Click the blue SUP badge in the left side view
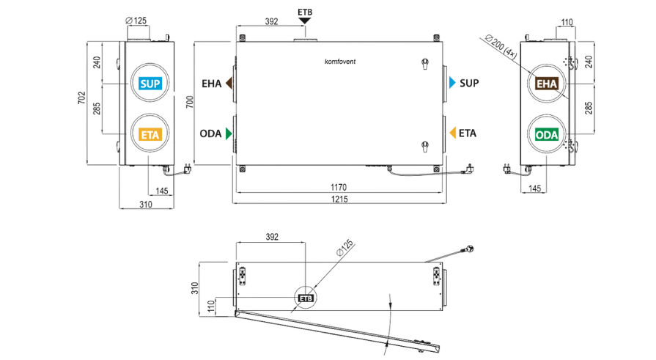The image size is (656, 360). [x=150, y=84]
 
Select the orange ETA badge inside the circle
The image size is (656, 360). [x=150, y=135]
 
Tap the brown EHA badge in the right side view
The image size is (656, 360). [x=547, y=84]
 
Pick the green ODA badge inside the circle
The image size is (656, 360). [x=547, y=135]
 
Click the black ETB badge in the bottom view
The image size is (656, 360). [x=306, y=298]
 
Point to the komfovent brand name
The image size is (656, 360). [x=340, y=62]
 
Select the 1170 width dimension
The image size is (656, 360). [x=339, y=187]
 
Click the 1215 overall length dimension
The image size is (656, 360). [x=339, y=199]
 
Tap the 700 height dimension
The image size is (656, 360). [x=190, y=102]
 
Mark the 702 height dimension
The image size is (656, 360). [x=81, y=98]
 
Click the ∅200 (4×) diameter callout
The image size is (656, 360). [x=501, y=46]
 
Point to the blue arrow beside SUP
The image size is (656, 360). [x=452, y=82]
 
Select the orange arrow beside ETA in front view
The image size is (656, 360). [x=452, y=133]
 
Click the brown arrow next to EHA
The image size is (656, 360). [x=229, y=84]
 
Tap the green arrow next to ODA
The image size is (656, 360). [x=229, y=133]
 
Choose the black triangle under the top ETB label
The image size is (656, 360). [x=305, y=21]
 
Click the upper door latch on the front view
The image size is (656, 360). [x=425, y=64]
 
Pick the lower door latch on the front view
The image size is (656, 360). [x=425, y=146]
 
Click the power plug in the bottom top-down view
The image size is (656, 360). [x=468, y=249]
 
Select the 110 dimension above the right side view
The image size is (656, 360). [x=567, y=22]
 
